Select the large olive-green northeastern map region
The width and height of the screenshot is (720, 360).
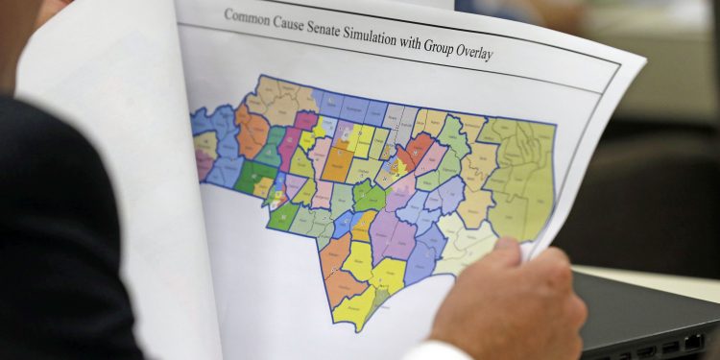pyautogui.click(x=526, y=178)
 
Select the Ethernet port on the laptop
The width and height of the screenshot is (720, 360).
pyautogui.click(x=693, y=341)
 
